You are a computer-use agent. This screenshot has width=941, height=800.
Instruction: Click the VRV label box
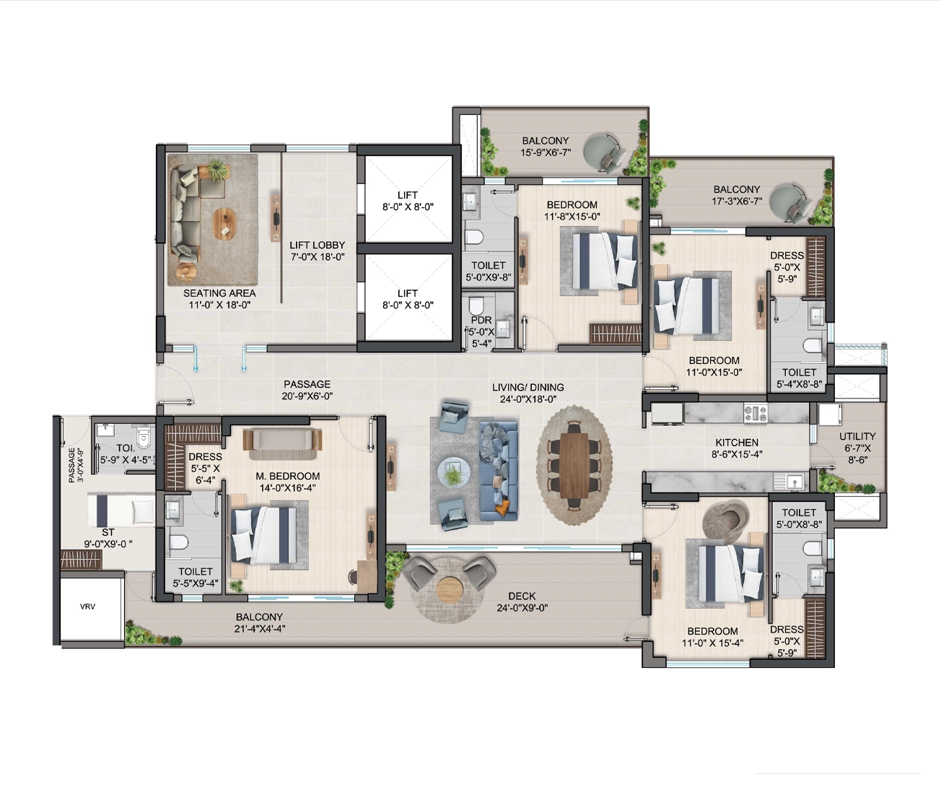pyautogui.click(x=87, y=606)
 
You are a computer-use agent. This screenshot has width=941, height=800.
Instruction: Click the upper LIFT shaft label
pyautogui.click(x=408, y=201)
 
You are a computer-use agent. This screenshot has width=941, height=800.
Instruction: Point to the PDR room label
pyautogui.click(x=481, y=331)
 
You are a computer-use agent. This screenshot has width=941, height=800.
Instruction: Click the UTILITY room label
pyautogui.click(x=857, y=448)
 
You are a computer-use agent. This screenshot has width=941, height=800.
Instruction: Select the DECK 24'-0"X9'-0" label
pyautogui.click(x=522, y=602)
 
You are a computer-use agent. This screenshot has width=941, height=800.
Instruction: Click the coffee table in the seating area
pyautogui.click(x=225, y=224)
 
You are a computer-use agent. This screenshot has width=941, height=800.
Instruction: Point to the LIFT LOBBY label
pyautogui.click(x=318, y=251)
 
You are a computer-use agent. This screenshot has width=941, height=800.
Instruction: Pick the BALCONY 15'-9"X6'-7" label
pyautogui.click(x=546, y=147)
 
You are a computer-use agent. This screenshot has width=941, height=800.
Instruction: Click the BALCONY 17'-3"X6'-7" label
pyautogui.click(x=737, y=195)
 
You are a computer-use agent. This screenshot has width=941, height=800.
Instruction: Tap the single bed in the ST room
pyautogui.click(x=121, y=509)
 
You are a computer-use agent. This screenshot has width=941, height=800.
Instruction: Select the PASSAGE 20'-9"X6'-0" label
pyautogui.click(x=307, y=391)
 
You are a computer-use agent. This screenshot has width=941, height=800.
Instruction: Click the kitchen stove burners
pyautogui.click(x=756, y=413)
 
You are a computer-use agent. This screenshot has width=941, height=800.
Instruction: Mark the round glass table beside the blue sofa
pyautogui.click(x=454, y=474)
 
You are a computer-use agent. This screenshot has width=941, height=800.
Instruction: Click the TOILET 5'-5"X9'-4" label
pyautogui.click(x=196, y=577)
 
